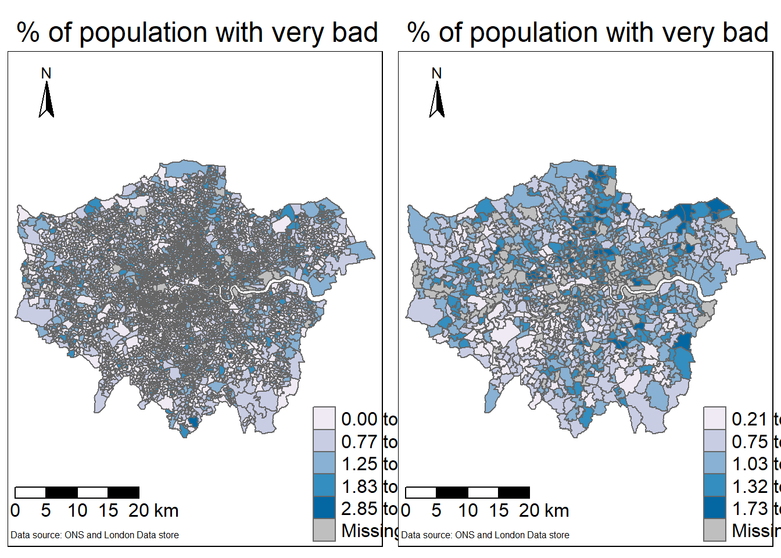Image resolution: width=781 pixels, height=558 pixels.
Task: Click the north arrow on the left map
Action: [x=46, y=100]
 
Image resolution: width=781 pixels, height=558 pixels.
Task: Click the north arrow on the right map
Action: [x=437, y=100]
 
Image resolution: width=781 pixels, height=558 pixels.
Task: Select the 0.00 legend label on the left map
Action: [x=359, y=419]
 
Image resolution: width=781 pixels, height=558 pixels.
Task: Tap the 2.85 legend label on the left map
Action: [x=359, y=509]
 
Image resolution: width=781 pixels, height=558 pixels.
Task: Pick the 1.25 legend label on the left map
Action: [x=359, y=464]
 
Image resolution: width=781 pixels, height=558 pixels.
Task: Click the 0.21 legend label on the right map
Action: [x=750, y=419]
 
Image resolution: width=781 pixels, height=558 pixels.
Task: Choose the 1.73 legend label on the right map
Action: [x=750, y=509]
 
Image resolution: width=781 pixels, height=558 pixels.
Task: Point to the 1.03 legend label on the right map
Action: [x=750, y=464]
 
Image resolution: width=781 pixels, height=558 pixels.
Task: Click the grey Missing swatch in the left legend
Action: [x=324, y=530]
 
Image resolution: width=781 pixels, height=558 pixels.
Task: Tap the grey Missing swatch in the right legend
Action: [x=715, y=530]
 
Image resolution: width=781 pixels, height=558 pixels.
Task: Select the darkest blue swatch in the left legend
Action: [x=324, y=508]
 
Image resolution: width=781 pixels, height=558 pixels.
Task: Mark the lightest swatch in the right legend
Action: [x=715, y=419]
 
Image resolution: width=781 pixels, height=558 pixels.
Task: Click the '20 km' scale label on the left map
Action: [x=153, y=511]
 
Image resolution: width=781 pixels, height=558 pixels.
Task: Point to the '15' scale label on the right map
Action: [x=499, y=511]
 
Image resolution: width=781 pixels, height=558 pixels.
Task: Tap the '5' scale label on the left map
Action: [x=46, y=511]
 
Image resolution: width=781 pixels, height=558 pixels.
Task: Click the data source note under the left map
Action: [x=95, y=535]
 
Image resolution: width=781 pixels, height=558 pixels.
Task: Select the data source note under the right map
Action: [x=485, y=535]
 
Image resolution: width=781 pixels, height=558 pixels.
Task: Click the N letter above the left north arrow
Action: [x=46, y=73]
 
